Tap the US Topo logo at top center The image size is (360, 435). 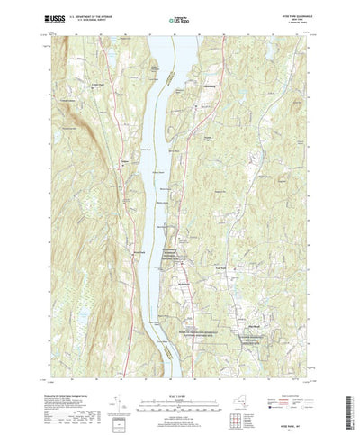pos(180,17)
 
